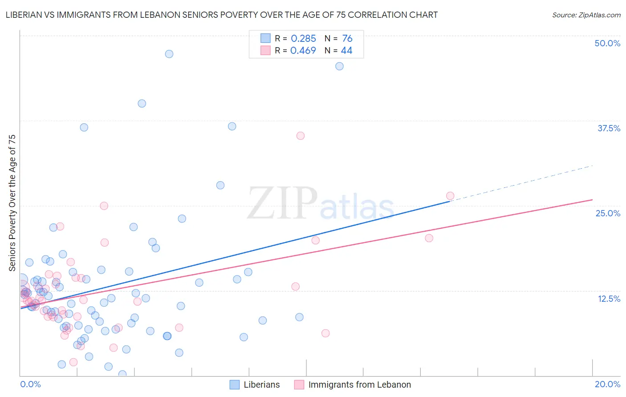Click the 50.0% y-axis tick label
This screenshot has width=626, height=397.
[x=607, y=43]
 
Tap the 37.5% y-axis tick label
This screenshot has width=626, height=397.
[x=609, y=128]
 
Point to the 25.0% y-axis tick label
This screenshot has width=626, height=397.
[x=608, y=213]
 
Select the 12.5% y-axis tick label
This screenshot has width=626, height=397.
[x=609, y=299]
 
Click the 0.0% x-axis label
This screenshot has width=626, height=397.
[x=30, y=384]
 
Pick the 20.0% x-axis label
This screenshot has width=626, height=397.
[x=607, y=384]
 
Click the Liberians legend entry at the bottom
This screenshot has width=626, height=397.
[x=261, y=385]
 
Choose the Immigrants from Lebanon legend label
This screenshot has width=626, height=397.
[x=359, y=385]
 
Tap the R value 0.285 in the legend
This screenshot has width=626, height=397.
[x=303, y=39]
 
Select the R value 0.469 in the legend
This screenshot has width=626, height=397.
[x=303, y=51]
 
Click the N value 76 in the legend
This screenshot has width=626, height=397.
[x=347, y=39]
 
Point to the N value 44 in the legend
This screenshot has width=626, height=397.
[x=346, y=51]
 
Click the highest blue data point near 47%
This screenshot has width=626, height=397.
[x=169, y=54]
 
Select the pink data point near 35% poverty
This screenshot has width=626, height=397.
[x=301, y=136]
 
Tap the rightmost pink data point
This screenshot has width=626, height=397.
[x=450, y=196]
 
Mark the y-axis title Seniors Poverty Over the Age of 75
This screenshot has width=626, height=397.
[x=12, y=203]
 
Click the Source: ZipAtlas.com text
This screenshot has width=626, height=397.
[x=586, y=15]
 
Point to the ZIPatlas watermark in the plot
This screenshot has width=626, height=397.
[x=321, y=203]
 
